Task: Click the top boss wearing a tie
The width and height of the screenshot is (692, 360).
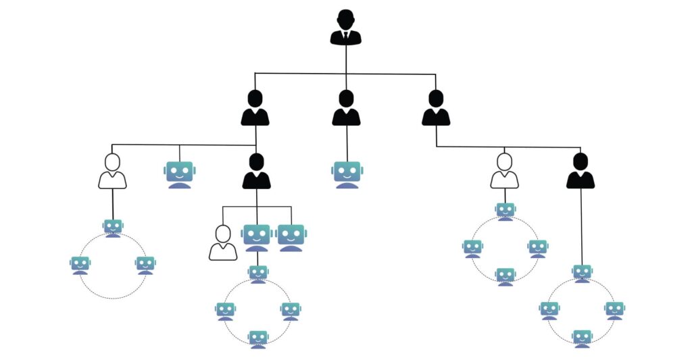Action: (345, 27)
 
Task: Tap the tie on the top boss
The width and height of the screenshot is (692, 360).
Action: (345, 35)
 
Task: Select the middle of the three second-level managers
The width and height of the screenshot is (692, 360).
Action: (346, 109)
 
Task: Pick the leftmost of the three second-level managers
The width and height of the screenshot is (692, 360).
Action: (255, 109)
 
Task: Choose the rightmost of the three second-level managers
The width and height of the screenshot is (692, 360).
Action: (436, 109)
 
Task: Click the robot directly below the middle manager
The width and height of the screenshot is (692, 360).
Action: (347, 174)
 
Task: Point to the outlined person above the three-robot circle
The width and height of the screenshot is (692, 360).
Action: (112, 172)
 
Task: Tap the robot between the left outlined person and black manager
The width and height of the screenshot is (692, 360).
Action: (179, 174)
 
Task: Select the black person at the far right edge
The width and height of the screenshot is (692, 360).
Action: (580, 172)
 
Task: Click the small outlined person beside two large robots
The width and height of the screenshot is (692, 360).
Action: (223, 243)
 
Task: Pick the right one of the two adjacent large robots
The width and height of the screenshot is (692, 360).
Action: (291, 237)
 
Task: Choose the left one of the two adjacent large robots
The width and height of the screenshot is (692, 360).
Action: (257, 237)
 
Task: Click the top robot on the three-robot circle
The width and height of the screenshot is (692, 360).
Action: (113, 228)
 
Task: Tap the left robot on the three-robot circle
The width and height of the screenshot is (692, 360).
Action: (80, 265)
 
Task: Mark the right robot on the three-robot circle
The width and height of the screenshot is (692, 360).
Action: (145, 265)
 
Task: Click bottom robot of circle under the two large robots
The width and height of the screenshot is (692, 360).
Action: (257, 338)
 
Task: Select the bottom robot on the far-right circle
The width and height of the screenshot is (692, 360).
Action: (582, 338)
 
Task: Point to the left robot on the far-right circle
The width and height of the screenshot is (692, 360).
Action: (549, 310)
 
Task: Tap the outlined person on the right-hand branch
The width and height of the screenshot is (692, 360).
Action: (504, 172)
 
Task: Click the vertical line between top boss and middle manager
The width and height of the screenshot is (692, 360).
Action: (346, 68)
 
